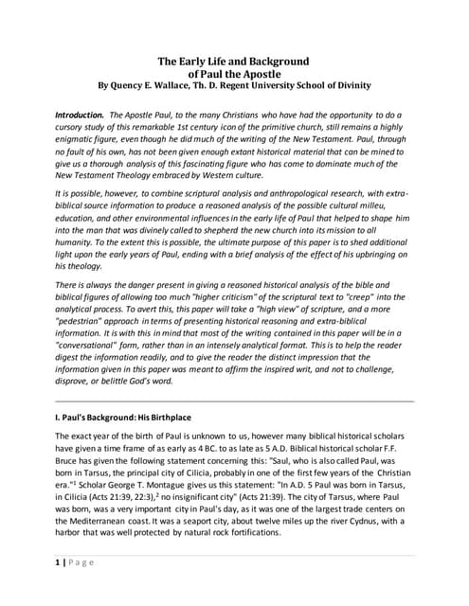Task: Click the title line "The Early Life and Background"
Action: click(234, 61)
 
